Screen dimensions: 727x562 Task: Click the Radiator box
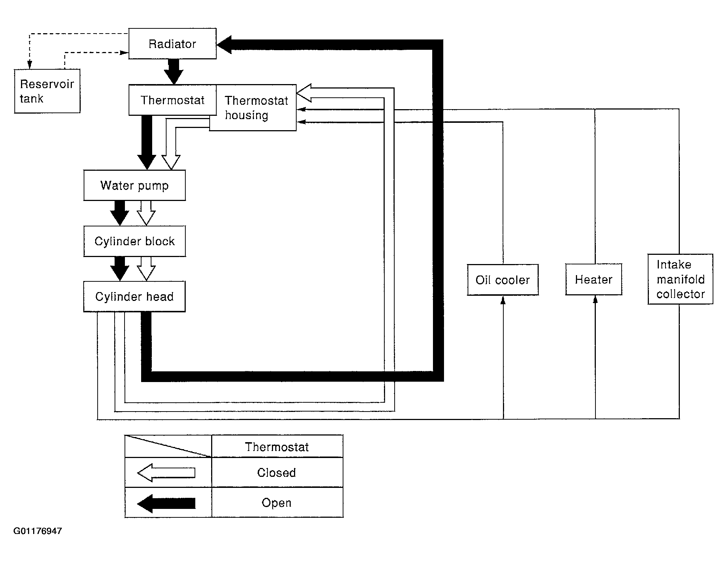172,44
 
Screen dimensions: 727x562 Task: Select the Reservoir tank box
47,91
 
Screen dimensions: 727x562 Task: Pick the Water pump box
134,185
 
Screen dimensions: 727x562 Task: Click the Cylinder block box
134,241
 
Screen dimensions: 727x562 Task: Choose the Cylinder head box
134,296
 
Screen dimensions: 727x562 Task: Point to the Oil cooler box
503,280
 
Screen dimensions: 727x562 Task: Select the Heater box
594,279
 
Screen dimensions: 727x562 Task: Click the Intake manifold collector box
680,279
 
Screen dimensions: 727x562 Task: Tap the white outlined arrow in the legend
166,473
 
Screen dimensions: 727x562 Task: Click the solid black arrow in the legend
166,503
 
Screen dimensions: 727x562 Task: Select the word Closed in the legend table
276,473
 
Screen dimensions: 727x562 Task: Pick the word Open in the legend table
276,503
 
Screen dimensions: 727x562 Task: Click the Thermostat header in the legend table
277,447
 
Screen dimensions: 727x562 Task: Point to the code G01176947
38,531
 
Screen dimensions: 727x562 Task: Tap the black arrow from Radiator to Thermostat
173,72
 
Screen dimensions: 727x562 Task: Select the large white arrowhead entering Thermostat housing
304,93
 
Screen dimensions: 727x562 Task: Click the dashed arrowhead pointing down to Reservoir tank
30,65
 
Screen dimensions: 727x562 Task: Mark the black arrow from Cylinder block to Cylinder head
120,269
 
